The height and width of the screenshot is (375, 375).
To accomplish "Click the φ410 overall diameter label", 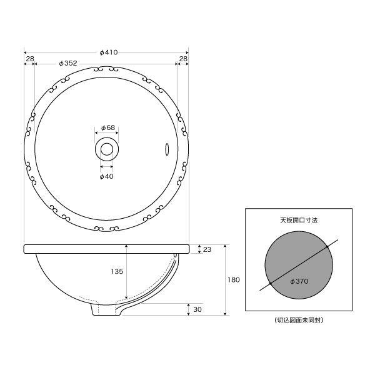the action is (109, 52).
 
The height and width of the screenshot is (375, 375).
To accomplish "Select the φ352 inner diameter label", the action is (68, 63).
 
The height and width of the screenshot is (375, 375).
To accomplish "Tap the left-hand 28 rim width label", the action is (30, 59).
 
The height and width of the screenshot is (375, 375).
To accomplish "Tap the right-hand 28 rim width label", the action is (183, 59).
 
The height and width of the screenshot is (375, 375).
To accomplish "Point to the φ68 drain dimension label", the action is (108, 127).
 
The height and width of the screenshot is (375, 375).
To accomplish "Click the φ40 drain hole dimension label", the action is (106, 176).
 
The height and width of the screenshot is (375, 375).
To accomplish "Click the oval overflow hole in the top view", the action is (167, 149).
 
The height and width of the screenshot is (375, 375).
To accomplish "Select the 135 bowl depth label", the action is (117, 271).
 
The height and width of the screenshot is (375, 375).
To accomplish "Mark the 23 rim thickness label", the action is (207, 249).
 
